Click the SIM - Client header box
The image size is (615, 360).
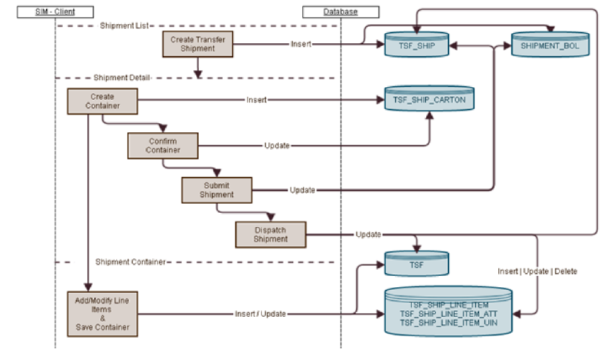point(55,12)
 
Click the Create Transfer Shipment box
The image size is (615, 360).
point(198,45)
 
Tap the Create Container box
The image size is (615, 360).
point(102,102)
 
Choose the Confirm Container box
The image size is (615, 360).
point(162,145)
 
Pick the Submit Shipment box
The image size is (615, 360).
point(216,189)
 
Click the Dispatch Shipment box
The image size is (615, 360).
point(271,234)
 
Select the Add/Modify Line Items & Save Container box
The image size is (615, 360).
point(102,313)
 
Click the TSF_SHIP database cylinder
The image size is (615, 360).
point(415,45)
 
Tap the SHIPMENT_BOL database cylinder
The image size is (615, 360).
point(550,45)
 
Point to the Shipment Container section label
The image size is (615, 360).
point(130,262)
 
